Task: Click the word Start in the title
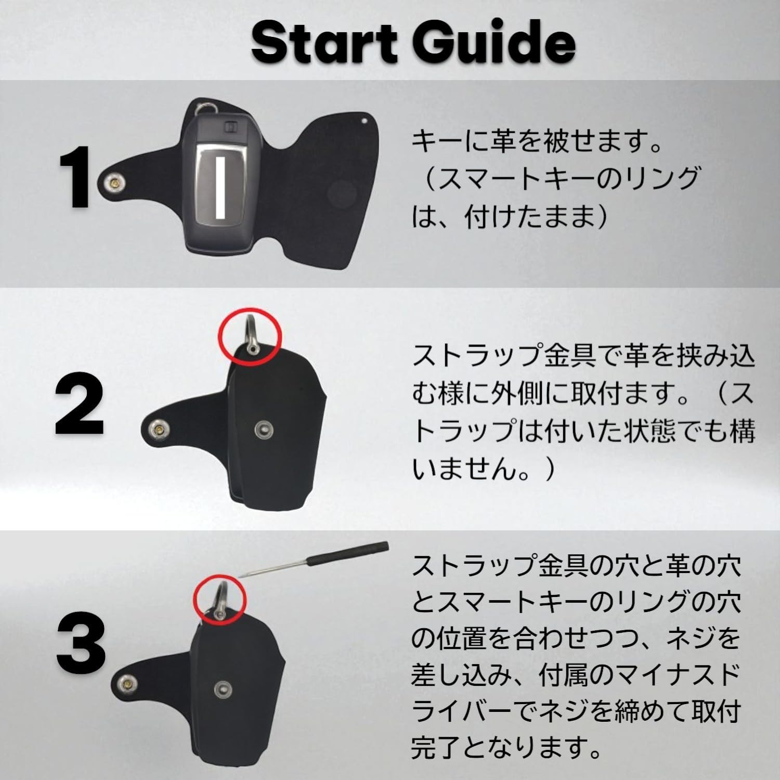324,42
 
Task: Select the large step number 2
80,404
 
